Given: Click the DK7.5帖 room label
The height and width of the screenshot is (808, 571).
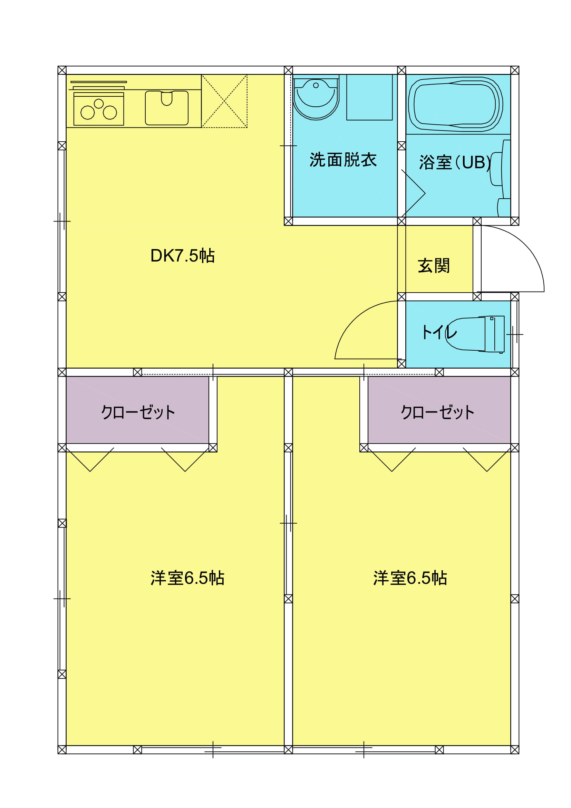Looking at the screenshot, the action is (x=183, y=256).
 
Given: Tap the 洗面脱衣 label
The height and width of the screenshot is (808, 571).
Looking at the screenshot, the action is (x=343, y=160).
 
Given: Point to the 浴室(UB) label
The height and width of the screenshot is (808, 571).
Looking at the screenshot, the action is (x=455, y=162).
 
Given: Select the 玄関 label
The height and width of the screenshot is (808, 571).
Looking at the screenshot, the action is (x=434, y=265).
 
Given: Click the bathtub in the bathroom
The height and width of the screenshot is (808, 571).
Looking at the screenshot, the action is (x=456, y=104).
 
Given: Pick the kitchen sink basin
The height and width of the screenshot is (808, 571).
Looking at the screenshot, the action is (x=167, y=108).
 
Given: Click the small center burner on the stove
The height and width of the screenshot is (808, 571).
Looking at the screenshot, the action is (x=99, y=104).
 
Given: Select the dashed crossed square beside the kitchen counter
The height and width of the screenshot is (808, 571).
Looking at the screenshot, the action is (x=224, y=101).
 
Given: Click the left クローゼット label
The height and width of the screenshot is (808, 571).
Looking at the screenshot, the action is (x=138, y=412).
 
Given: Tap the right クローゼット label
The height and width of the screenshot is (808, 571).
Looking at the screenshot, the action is (x=437, y=412).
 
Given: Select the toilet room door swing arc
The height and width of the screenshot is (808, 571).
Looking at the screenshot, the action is (x=351, y=319).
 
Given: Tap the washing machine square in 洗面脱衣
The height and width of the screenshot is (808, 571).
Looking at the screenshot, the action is (x=369, y=97).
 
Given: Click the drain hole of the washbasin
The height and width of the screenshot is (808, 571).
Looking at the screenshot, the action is (x=316, y=85).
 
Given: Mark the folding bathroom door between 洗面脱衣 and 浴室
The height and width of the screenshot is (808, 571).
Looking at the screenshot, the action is (x=414, y=193).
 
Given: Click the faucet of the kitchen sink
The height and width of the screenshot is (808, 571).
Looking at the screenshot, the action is (x=167, y=98).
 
